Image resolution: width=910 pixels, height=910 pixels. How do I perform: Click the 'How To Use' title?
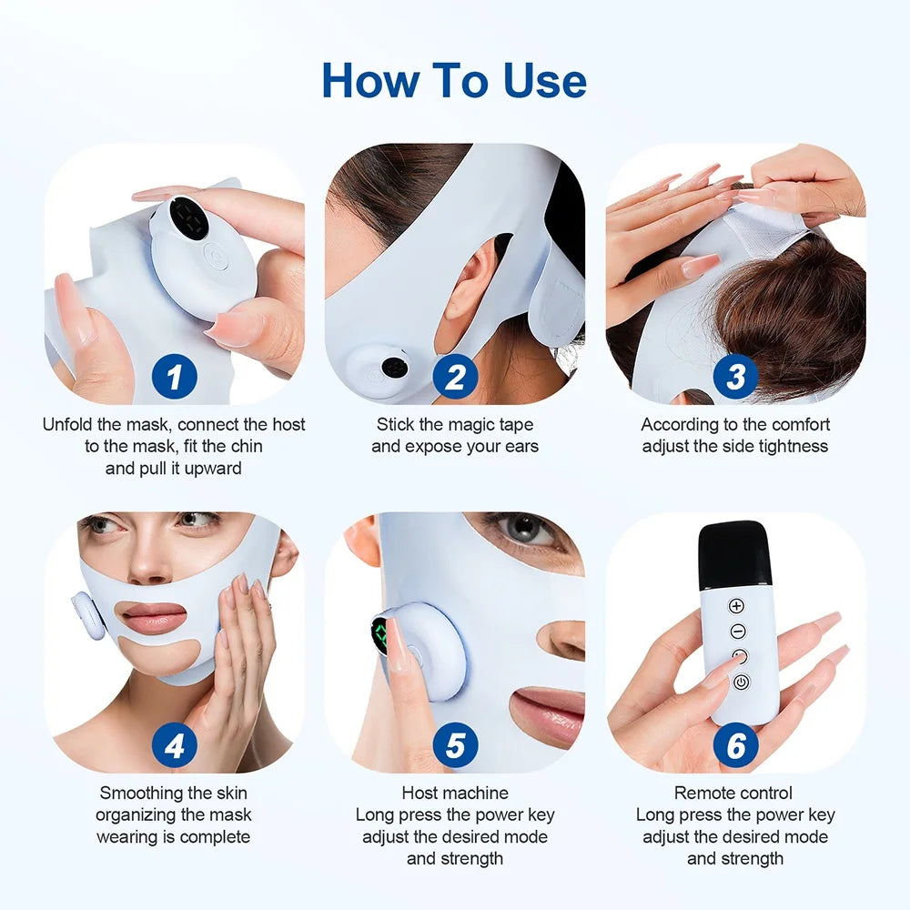(x=454, y=81)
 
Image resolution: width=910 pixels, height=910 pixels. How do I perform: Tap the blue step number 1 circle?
(x=174, y=377)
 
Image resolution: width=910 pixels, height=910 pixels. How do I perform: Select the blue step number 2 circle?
(x=455, y=377)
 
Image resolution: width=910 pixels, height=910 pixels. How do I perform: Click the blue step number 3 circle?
(x=735, y=377)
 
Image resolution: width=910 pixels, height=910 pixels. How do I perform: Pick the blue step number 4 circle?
(x=174, y=746)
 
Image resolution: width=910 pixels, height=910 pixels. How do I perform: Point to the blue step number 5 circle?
(x=455, y=746)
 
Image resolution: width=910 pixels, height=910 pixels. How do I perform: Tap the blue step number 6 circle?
(x=735, y=746)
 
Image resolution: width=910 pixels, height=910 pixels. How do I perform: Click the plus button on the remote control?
(x=737, y=606)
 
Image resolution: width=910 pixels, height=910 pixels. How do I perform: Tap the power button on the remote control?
(x=741, y=682)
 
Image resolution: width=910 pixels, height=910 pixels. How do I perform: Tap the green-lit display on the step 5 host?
(x=381, y=635)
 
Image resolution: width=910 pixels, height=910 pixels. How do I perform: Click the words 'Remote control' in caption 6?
(x=733, y=793)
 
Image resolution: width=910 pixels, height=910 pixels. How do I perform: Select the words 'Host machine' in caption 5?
(x=455, y=793)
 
